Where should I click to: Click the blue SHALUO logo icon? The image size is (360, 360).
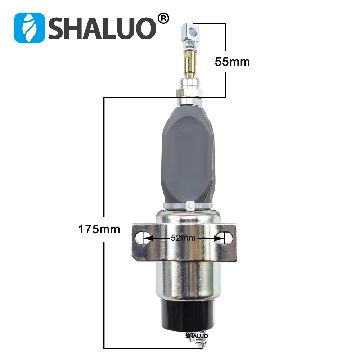[x=29, y=28]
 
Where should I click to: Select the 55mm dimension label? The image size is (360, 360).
[x=232, y=62]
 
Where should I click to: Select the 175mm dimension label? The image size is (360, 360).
[x=99, y=229]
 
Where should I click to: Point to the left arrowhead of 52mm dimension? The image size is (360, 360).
[x=148, y=238]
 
